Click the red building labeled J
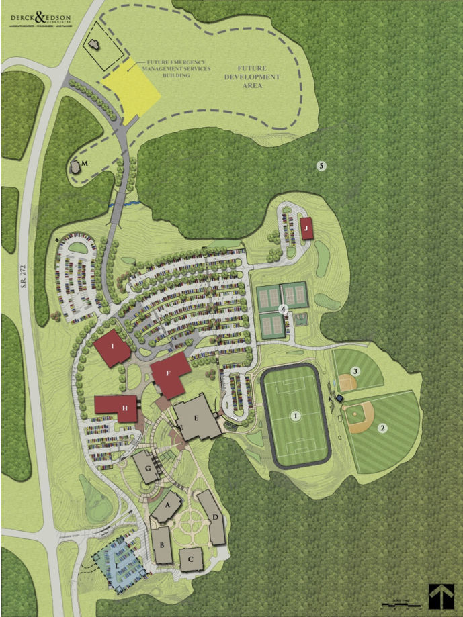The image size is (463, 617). click(307, 228)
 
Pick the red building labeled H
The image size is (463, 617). click(117, 408)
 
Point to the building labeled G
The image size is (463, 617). click(146, 465)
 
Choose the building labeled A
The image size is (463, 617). click(167, 506)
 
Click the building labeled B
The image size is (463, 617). click(161, 544)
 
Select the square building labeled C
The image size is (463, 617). click(191, 557)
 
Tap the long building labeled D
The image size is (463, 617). click(213, 518)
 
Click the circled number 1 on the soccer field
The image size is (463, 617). click(294, 416)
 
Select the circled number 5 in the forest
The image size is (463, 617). click(322, 165)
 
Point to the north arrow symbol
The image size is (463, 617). click(441, 596)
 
